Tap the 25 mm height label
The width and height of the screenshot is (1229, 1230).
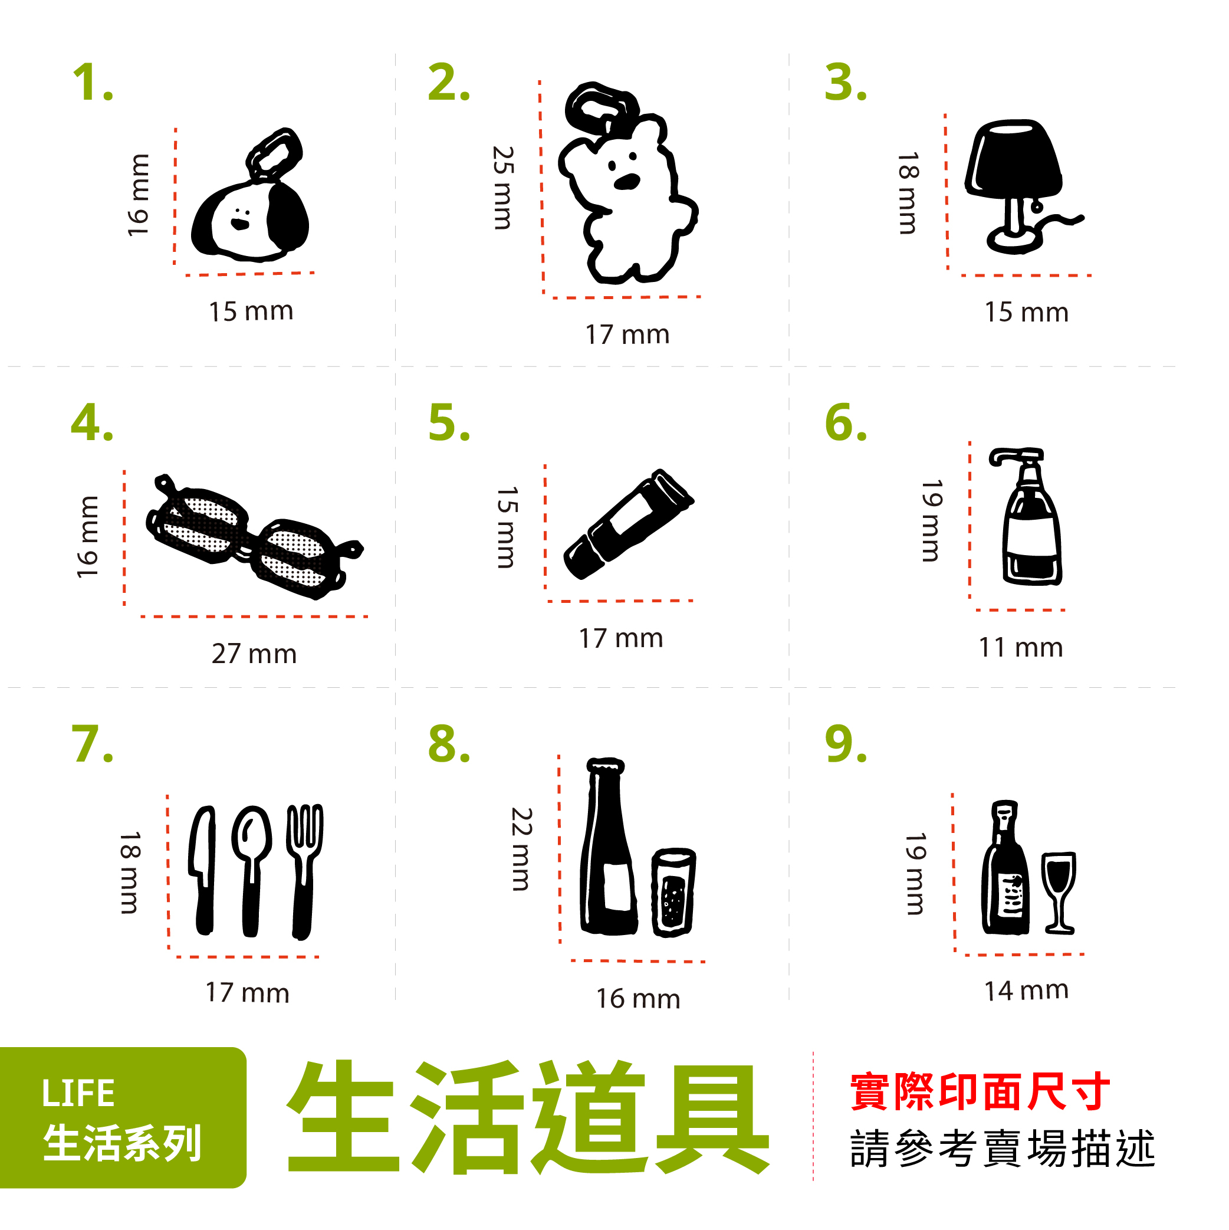[502, 188]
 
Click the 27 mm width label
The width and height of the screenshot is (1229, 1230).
[254, 654]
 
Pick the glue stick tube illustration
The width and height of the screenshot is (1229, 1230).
[627, 524]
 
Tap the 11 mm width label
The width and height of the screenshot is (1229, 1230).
[1020, 648]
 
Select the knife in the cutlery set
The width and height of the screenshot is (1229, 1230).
[203, 870]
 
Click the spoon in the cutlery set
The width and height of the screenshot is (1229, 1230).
[251, 870]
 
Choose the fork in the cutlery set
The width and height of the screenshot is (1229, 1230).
[304, 870]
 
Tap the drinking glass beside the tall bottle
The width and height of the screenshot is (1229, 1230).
[673, 892]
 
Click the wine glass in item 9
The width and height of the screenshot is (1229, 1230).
[1059, 892]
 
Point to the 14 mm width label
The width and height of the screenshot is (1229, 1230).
[1026, 990]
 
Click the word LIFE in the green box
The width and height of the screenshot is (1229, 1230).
[78, 1094]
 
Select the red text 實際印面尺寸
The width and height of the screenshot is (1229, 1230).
[980, 1092]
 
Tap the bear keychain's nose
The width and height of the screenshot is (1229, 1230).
[627, 182]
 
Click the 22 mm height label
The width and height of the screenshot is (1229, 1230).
[521, 849]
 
